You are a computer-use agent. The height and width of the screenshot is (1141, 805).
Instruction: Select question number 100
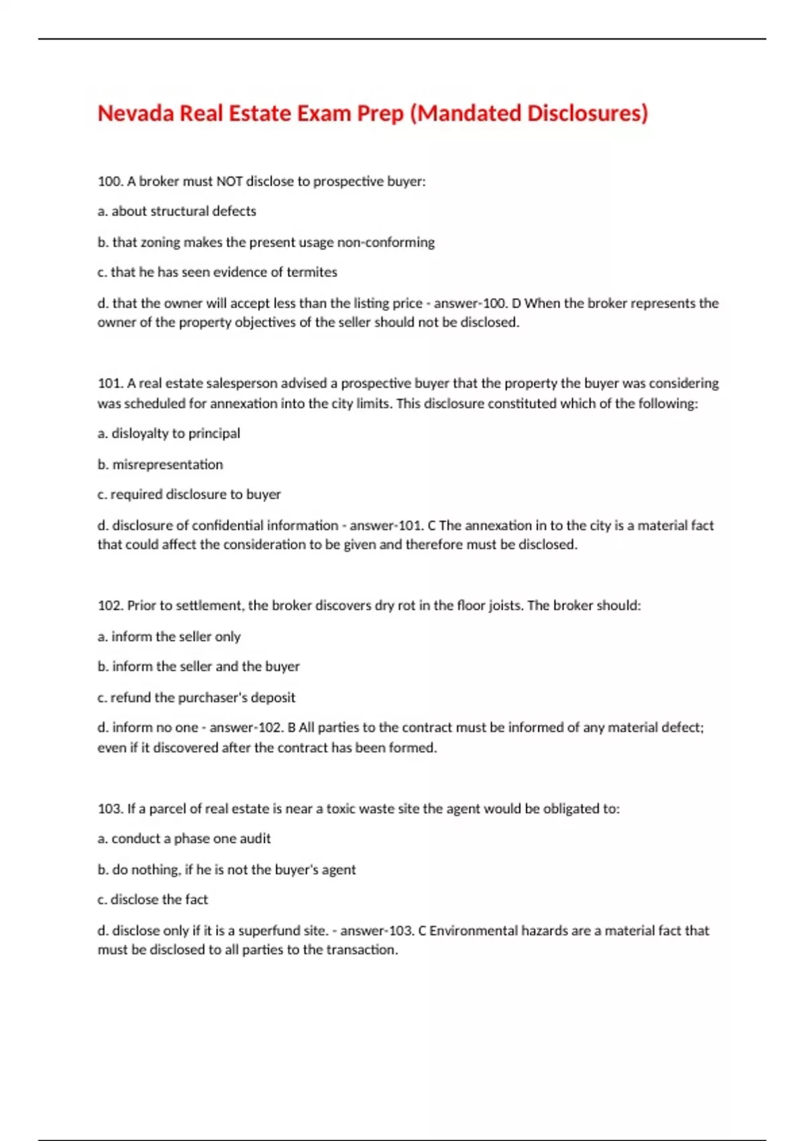coord(110,181)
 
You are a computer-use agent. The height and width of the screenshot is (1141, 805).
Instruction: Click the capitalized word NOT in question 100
coord(229,181)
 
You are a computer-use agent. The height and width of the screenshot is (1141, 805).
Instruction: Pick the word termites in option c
coord(312,272)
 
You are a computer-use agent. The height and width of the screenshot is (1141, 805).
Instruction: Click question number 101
coord(110,383)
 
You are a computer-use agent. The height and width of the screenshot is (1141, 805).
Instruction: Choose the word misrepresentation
coord(168,464)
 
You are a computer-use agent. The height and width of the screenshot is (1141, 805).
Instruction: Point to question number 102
coord(110,605)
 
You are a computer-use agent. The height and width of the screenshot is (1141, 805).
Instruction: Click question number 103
coord(110,809)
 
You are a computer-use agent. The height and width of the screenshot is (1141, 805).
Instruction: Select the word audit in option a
coord(256,839)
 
